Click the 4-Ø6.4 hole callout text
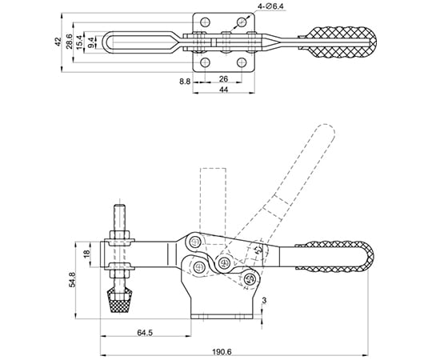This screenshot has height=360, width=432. point(271,6)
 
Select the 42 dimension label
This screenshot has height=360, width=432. point(58,42)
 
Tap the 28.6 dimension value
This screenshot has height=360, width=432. point(69,42)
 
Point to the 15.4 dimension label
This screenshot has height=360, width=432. point(79,42)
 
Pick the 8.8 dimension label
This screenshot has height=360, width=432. point(185,82)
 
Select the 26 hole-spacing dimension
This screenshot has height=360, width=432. point(223,79)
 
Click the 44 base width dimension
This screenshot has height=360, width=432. point(223,90)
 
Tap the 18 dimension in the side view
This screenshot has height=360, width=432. point(86,253)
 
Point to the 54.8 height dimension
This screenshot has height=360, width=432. point(72,280)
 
